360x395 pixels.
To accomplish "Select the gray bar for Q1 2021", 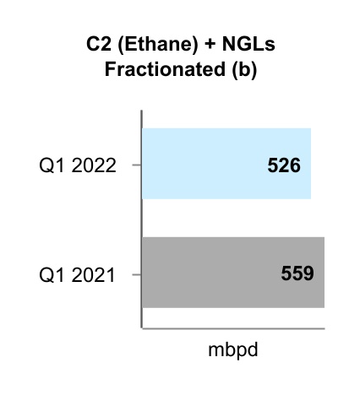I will pyautogui.click(x=211, y=272).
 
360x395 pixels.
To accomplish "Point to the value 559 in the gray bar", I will pyautogui.click(x=297, y=273).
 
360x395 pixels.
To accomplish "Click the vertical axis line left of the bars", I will pyautogui.click(x=141, y=219).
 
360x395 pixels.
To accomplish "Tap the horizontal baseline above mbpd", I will pyautogui.click(x=232, y=328).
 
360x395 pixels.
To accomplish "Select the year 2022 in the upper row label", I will pyautogui.click(x=95, y=165).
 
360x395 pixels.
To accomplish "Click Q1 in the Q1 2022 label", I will pyautogui.click(x=53, y=165).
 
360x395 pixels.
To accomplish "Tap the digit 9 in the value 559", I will pyautogui.click(x=308, y=273).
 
